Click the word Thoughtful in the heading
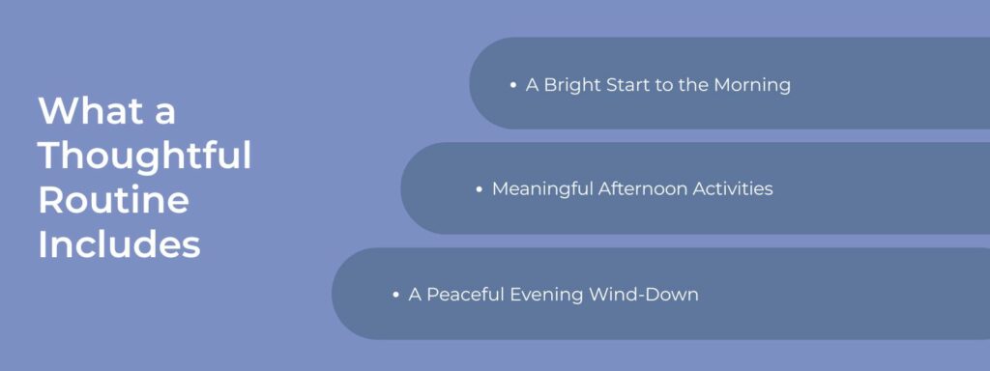pyautogui.click(x=145, y=156)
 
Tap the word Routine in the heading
pyautogui.click(x=113, y=200)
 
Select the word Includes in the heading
pyautogui.click(x=119, y=244)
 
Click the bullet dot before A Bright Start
pyautogui.click(x=513, y=85)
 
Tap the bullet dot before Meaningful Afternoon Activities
pyautogui.click(x=480, y=189)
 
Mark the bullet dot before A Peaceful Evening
pyautogui.click(x=396, y=295)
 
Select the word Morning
pyautogui.click(x=752, y=85)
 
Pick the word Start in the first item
pyautogui.click(x=631, y=85)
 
